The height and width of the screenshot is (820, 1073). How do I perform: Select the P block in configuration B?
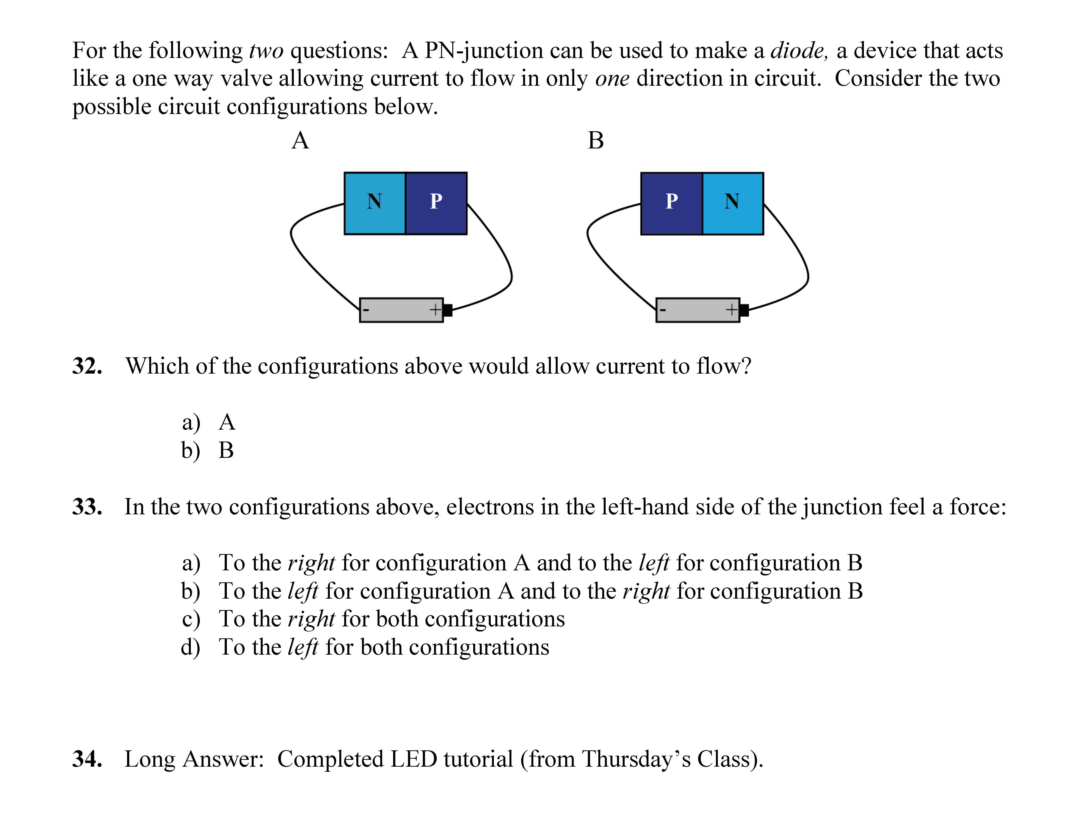click(672, 204)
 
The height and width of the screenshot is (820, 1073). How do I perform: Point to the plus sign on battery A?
click(435, 310)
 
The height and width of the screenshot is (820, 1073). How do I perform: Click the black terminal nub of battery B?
click(744, 310)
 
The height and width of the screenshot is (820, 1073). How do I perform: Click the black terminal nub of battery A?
click(448, 310)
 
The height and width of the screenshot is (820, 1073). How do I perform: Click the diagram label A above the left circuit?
click(300, 141)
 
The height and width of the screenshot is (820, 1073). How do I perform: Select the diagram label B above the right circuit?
click(596, 141)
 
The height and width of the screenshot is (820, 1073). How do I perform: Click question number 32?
click(87, 366)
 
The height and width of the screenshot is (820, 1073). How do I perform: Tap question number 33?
click(87, 507)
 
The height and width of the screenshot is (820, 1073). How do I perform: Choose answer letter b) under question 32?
click(191, 451)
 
